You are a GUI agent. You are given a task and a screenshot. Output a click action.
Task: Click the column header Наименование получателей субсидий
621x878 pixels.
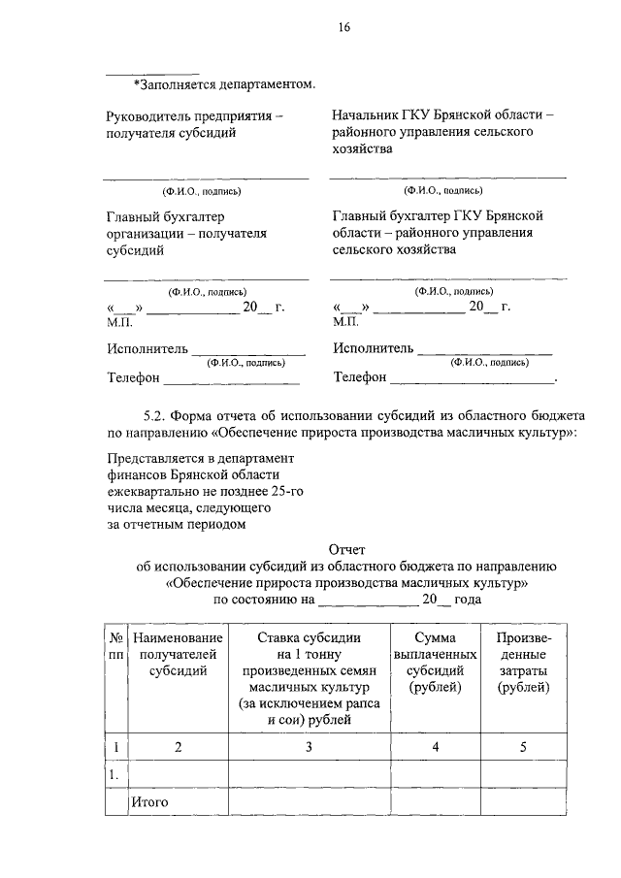[178, 654]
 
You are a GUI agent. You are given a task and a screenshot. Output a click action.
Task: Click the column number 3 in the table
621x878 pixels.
[308, 747]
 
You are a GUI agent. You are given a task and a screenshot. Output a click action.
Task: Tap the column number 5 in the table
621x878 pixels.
[524, 747]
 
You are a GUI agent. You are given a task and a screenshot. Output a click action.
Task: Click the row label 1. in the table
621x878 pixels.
[114, 774]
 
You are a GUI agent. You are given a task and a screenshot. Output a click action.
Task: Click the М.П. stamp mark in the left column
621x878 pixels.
[119, 321]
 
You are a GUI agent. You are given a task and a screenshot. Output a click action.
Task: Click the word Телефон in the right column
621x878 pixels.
[360, 376]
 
